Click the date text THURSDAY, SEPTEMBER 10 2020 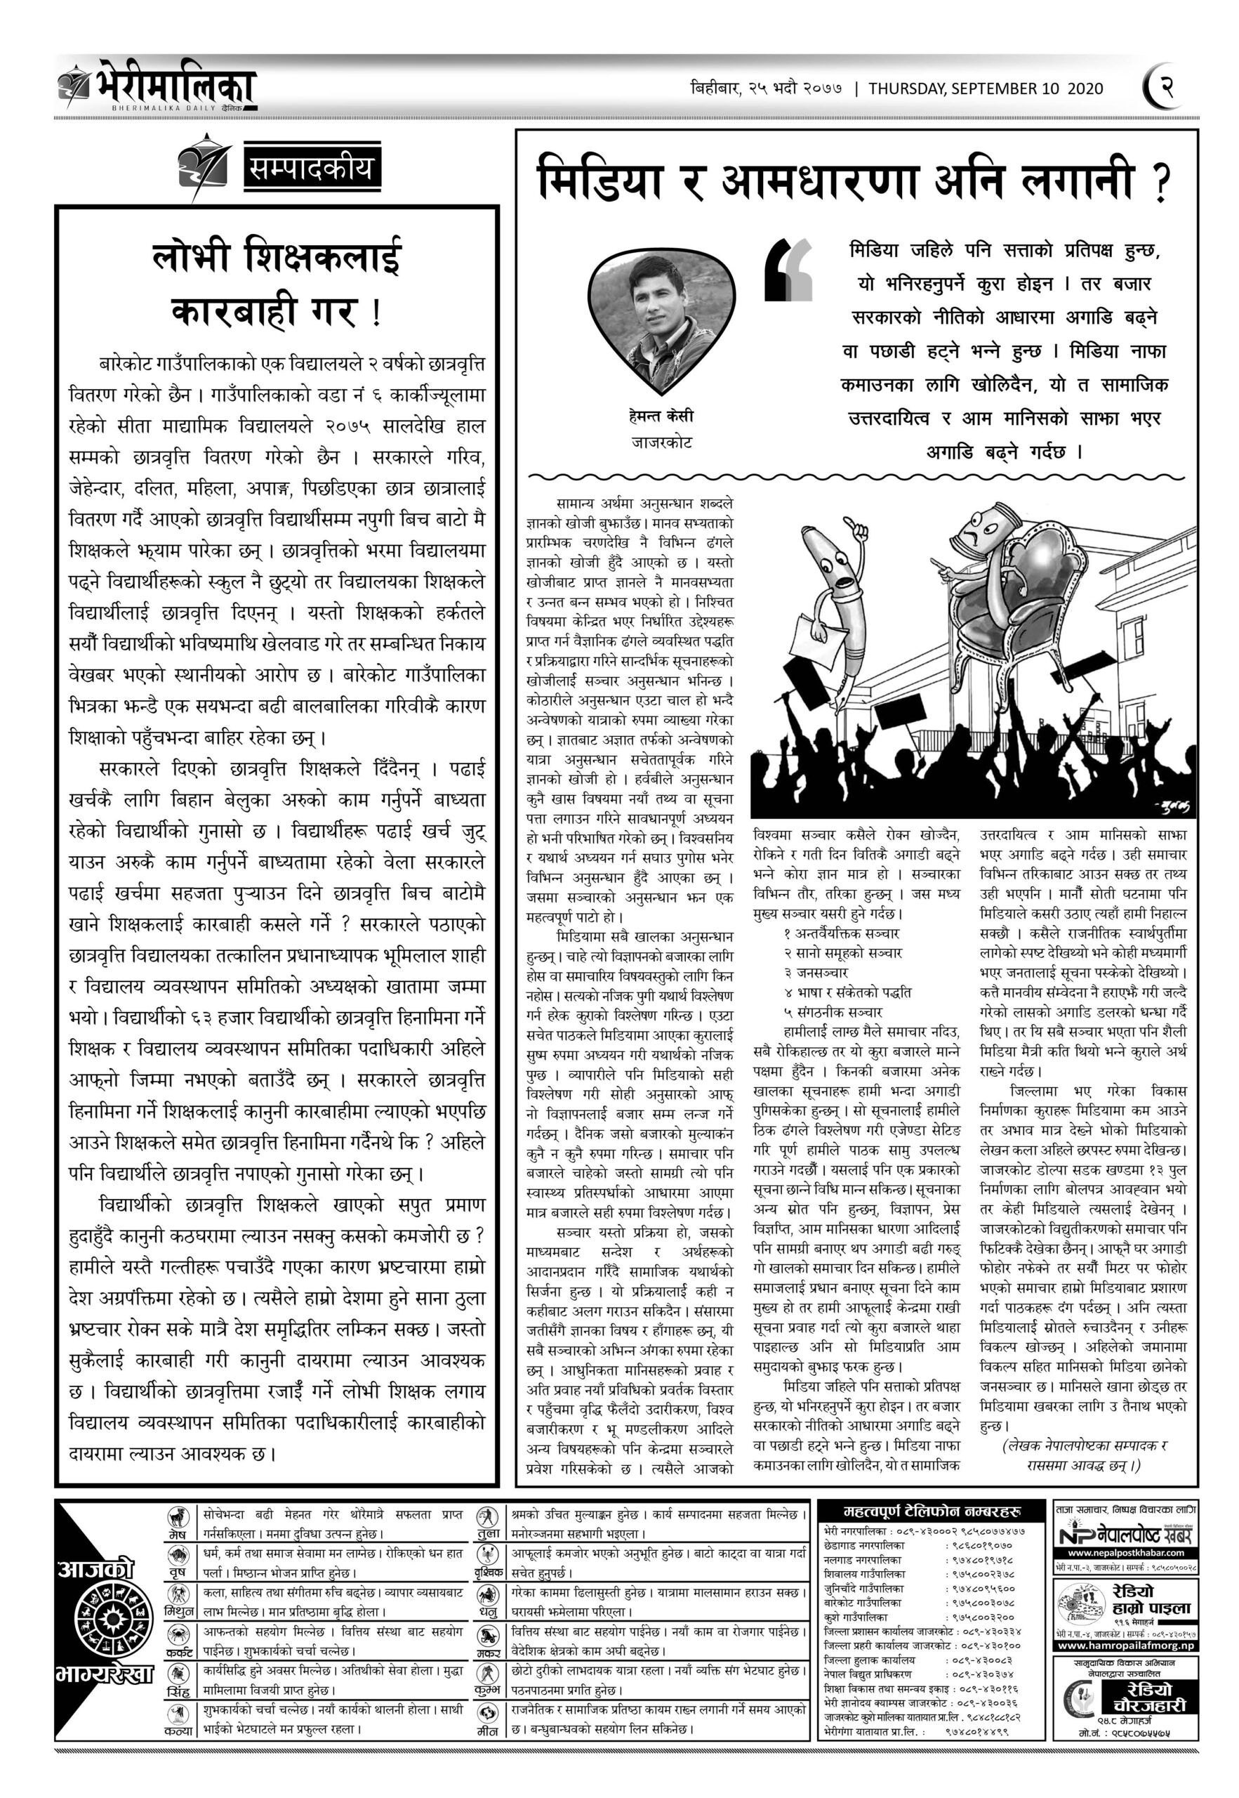tap(985, 88)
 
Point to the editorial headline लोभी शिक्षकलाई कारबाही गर tap(277, 284)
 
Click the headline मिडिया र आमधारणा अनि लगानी tap(854, 181)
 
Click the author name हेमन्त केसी tap(661, 416)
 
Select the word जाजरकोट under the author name tap(661, 442)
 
